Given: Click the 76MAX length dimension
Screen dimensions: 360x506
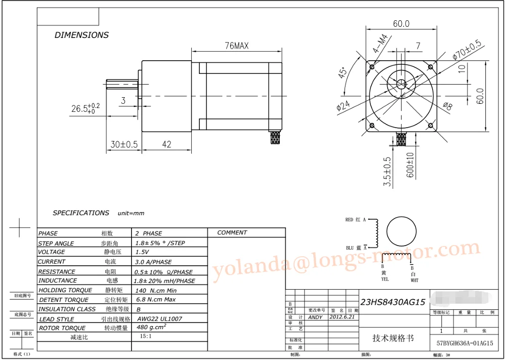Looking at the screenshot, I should click(237, 46).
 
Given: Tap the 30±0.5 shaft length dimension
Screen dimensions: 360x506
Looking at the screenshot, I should click(124, 144).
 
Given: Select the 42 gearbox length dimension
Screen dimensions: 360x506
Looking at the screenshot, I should click(166, 144).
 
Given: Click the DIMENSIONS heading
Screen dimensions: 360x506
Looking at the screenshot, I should click(81, 35).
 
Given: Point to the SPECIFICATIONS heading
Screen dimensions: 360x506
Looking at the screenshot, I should click(81, 213).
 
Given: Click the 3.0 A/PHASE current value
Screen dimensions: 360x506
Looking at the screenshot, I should click(153, 262).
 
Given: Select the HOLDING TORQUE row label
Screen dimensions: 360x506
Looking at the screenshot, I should click(65, 290).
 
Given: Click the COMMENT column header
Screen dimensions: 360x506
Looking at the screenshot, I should click(232, 233).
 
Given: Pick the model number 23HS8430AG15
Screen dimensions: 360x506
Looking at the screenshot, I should click(393, 302).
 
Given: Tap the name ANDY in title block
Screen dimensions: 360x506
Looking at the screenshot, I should click(315, 317).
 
